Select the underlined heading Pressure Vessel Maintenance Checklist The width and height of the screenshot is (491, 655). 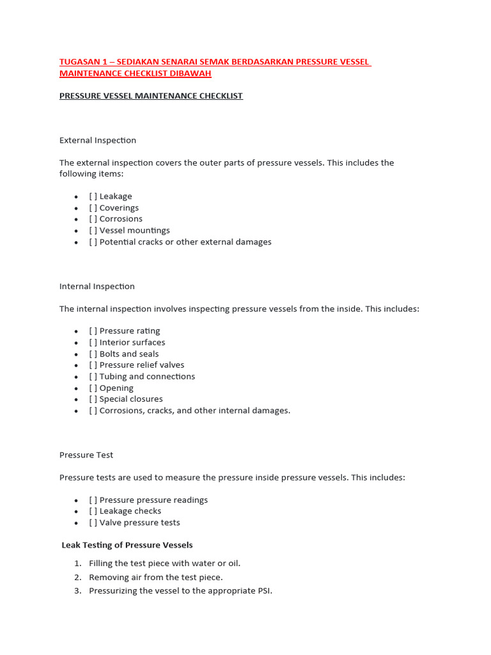151,96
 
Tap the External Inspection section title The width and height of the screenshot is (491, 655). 98,140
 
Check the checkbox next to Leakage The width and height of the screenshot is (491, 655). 93,196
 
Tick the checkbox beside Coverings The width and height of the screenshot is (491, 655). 93,208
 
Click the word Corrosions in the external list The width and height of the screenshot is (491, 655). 121,219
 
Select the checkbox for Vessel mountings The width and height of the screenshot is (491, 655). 93,230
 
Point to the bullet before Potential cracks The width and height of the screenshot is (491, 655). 76,242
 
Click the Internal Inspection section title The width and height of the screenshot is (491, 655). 97,287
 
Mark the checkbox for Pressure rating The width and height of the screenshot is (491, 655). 93,331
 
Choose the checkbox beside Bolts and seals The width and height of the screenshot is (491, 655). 93,354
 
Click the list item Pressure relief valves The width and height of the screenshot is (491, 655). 141,365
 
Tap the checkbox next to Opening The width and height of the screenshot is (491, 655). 93,388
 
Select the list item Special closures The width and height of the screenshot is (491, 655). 130,399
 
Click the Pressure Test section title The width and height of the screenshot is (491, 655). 86,455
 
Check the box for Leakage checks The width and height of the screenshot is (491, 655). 93,511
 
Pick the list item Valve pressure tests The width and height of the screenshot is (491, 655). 139,523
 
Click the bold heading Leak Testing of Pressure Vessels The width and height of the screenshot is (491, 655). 127,545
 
